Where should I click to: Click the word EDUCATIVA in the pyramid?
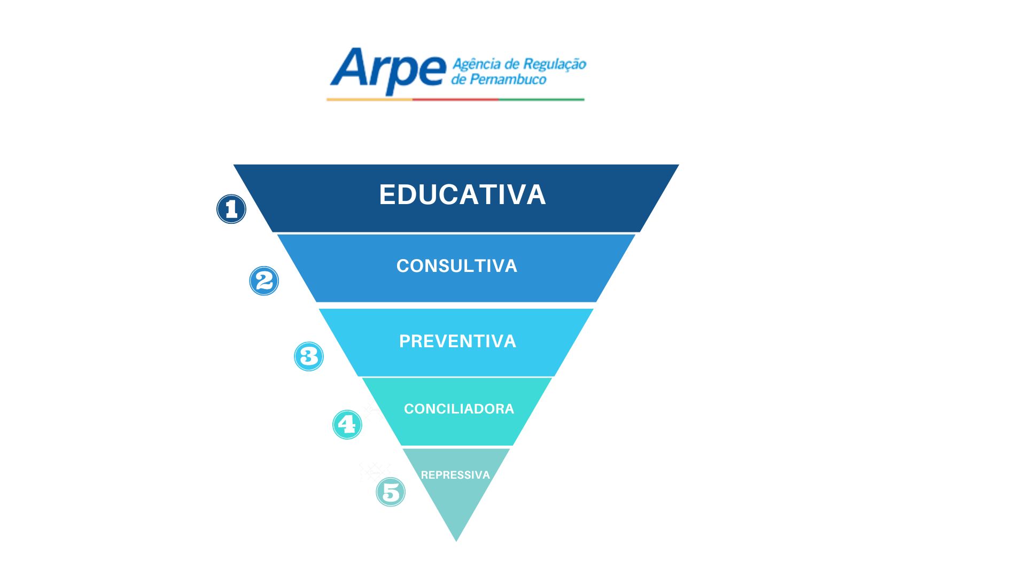(x=462, y=194)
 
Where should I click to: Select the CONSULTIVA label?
(x=457, y=266)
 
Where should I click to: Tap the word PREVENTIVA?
(x=457, y=341)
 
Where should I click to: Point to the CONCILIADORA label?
(x=459, y=409)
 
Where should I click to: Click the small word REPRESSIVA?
(x=455, y=475)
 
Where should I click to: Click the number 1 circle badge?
(x=231, y=209)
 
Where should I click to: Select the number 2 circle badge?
(x=264, y=281)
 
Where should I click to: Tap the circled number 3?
(x=309, y=356)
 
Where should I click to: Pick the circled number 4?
(x=347, y=425)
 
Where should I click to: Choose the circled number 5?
(x=391, y=492)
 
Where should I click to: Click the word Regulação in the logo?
(x=554, y=65)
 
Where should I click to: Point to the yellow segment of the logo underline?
(x=370, y=99)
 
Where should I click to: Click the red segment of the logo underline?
(x=456, y=99)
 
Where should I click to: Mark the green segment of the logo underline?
(x=542, y=99)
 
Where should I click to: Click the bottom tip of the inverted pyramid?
(x=456, y=541)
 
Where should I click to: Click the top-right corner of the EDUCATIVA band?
(x=679, y=165)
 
